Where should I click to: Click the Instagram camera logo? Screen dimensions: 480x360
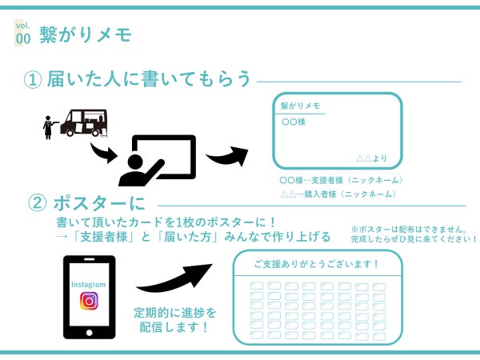(x=89, y=301)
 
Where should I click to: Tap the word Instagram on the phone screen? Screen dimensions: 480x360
(x=88, y=284)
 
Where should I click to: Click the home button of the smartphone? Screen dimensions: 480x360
(x=89, y=333)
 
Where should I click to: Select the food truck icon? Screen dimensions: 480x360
(x=84, y=122)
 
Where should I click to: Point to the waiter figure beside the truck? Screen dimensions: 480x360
(x=49, y=127)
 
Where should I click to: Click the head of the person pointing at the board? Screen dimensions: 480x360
(x=135, y=162)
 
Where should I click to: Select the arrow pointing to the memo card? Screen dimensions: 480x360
(x=227, y=155)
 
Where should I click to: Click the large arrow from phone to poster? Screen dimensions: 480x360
(x=174, y=278)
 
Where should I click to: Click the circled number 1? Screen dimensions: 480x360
(x=33, y=80)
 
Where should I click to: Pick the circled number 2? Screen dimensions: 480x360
(x=37, y=203)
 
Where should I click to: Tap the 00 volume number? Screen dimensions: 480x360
(x=23, y=39)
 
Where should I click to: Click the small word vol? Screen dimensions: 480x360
(x=22, y=26)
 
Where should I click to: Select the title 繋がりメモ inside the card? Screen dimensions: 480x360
(x=300, y=106)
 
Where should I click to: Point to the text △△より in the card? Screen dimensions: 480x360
(x=372, y=158)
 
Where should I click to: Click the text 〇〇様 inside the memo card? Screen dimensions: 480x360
(x=294, y=122)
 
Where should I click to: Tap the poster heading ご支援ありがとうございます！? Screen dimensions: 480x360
(x=317, y=263)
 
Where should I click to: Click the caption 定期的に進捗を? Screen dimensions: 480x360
(x=174, y=313)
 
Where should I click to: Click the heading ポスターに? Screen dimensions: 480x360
(x=99, y=203)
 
